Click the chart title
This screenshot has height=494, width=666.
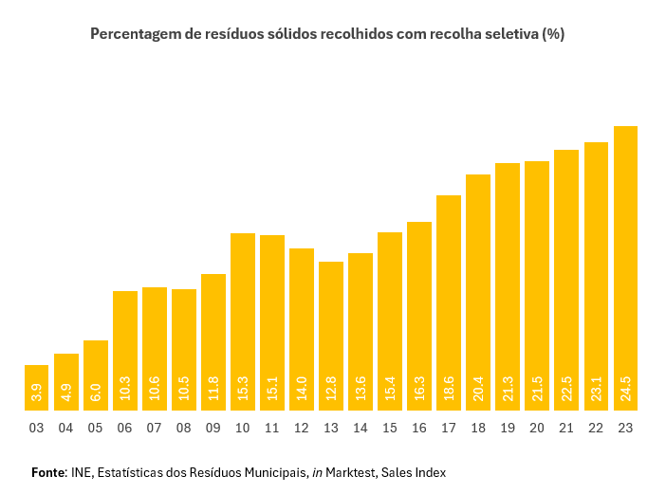[x=327, y=34]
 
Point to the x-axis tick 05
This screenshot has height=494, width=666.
[x=96, y=429]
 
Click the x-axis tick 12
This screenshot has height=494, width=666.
[x=302, y=429]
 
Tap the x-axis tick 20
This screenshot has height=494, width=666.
[x=537, y=429]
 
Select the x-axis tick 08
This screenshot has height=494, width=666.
[x=184, y=429]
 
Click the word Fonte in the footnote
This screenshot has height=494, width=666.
[x=48, y=472]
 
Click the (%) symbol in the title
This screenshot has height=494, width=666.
[x=552, y=34]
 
